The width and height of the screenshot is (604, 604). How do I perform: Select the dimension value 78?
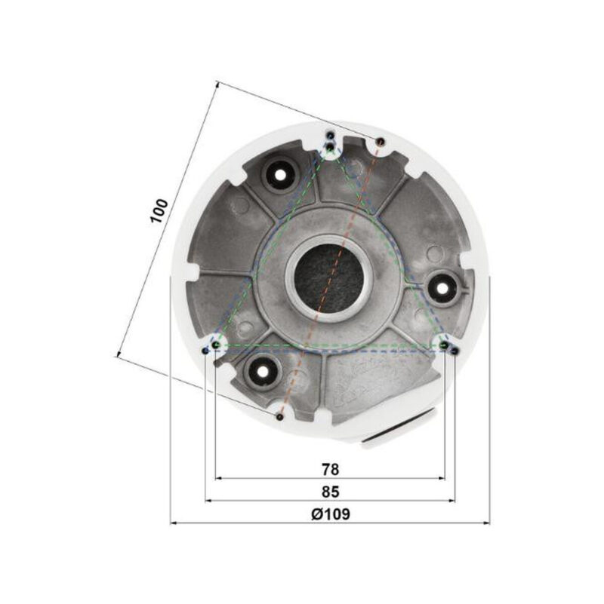[x=329, y=468]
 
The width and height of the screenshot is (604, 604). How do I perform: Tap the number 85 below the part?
[x=329, y=491]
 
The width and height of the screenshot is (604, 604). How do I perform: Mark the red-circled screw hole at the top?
[x=380, y=141]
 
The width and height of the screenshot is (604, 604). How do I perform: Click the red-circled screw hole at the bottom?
[x=279, y=415]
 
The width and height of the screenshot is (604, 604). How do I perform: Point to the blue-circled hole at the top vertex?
[x=331, y=136]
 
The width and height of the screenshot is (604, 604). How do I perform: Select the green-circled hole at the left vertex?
[x=217, y=345]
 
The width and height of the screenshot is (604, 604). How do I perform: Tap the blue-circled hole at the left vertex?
[x=206, y=351]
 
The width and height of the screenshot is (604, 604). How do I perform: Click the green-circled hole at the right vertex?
[x=444, y=345]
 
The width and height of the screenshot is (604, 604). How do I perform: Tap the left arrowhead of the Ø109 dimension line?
[x=173, y=522]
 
